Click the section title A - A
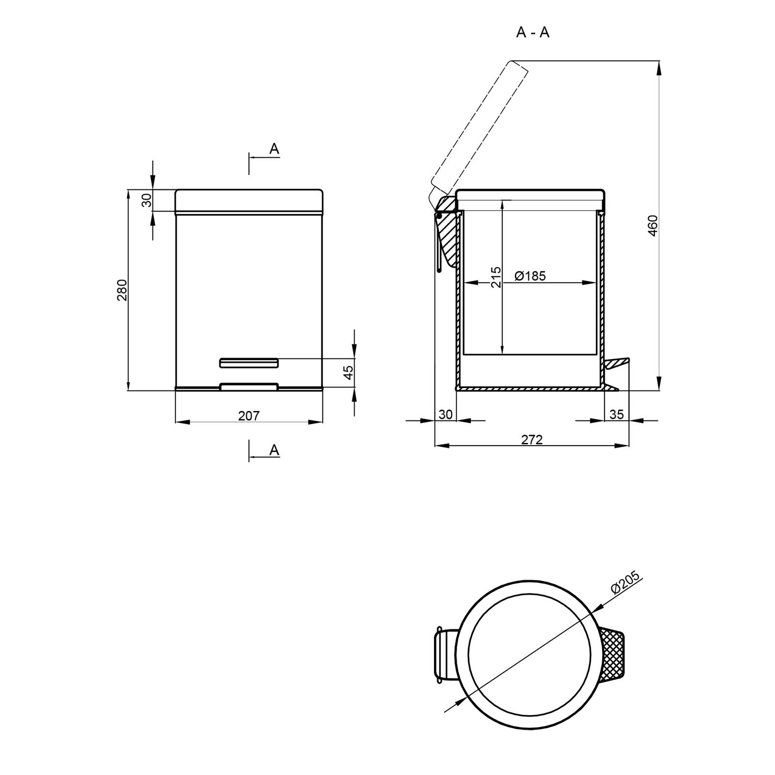tap(533, 32)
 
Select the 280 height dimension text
tap(122, 290)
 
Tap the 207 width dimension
tap(249, 415)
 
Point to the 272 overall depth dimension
tap(532, 439)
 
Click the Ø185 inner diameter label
tap(530, 276)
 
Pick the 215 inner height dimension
tap(496, 277)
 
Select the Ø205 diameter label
tap(626, 582)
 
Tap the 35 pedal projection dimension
tap(617, 414)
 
